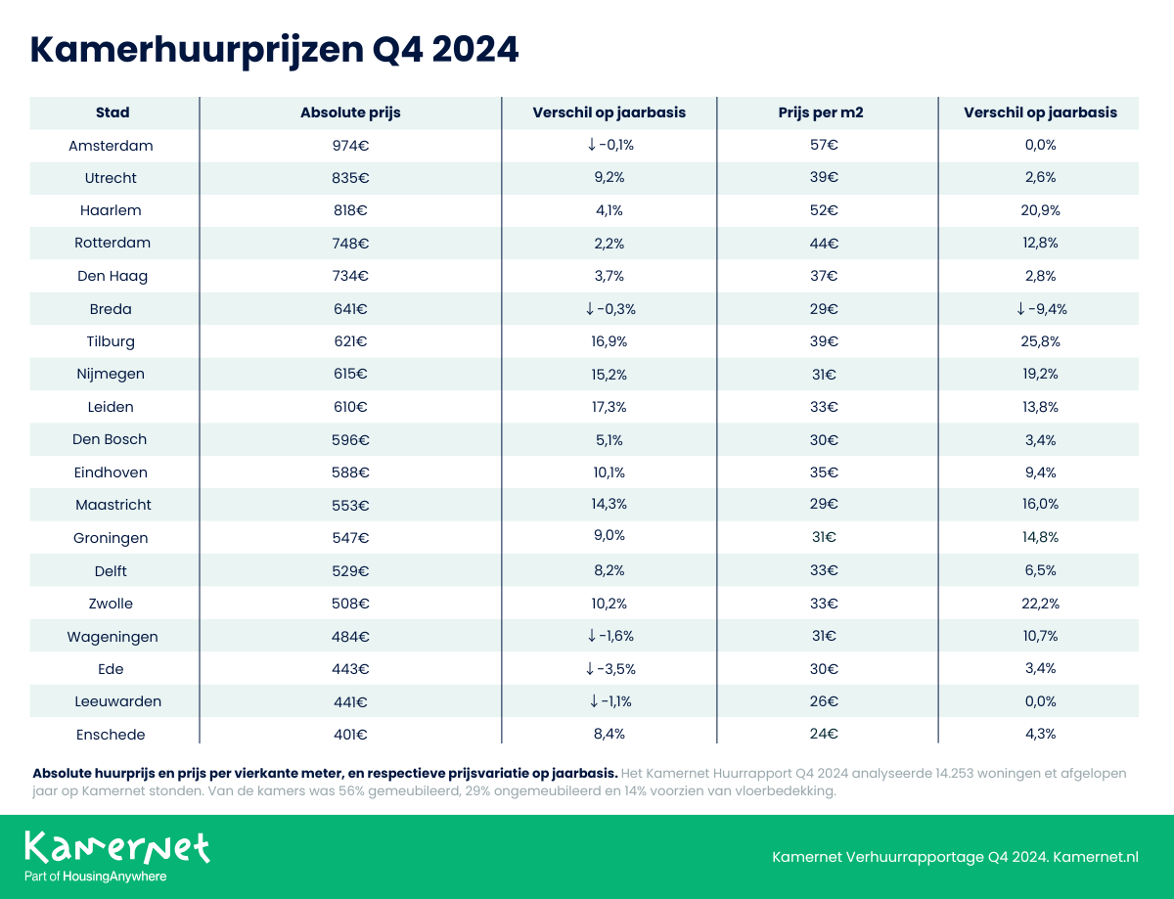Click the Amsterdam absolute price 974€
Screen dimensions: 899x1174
(349, 146)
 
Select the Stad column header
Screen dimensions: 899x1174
(113, 112)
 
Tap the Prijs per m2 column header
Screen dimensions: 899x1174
(827, 112)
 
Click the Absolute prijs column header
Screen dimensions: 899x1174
(350, 112)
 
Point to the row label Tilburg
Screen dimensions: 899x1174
(111, 341)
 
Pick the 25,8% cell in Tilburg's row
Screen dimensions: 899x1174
(1040, 341)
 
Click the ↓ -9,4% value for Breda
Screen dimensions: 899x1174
(1040, 309)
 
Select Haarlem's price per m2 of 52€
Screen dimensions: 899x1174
(825, 210)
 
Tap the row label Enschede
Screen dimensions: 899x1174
(111, 735)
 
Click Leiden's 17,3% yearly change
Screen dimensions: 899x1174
(609, 407)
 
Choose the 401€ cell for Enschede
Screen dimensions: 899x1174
(349, 735)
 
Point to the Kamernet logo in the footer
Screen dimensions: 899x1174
(116, 847)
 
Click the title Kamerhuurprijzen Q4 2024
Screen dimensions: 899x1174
(274, 50)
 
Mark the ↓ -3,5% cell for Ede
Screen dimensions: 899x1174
(610, 669)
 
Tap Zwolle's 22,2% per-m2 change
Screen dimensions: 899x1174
(1040, 604)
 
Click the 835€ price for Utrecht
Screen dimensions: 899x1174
(349, 178)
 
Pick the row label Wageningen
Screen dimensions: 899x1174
(113, 637)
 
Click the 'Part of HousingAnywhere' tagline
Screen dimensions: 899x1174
(95, 877)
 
